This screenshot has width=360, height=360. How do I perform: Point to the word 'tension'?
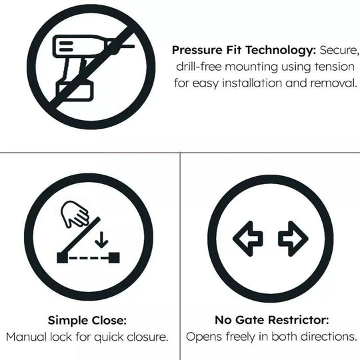pyautogui.click(x=335, y=67)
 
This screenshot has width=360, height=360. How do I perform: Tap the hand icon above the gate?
pyautogui.click(x=74, y=215)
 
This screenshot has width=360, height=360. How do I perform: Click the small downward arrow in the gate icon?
pyautogui.click(x=100, y=238)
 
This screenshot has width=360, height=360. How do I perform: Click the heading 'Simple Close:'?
pyautogui.click(x=87, y=320)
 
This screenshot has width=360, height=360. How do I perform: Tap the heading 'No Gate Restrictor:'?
pyautogui.click(x=271, y=320)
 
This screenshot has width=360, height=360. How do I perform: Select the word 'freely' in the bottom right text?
pyautogui.click(x=242, y=337)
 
